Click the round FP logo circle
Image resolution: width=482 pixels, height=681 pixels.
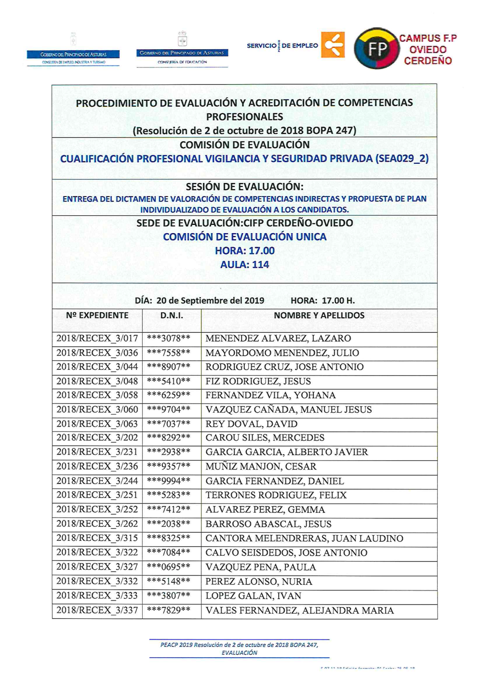point(376,49)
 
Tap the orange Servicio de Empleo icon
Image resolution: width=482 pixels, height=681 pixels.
point(333,45)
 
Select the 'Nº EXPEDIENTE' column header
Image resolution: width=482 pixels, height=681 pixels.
point(97,315)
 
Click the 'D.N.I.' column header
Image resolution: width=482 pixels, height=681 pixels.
point(172,315)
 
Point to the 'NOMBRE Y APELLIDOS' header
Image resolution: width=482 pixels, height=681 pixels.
point(319,315)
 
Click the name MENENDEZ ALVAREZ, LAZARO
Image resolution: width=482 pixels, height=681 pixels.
point(278,339)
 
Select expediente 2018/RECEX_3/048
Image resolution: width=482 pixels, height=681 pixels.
point(97,381)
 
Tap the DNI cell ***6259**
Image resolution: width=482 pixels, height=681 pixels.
point(169,395)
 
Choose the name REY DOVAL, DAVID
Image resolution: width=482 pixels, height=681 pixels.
point(252,424)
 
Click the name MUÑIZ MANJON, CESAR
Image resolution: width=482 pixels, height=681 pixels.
point(261,467)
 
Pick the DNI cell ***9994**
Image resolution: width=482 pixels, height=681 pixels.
point(169,481)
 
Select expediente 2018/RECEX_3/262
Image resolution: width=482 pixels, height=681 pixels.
point(97,524)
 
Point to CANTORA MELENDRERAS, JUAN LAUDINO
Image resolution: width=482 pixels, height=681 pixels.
point(305,538)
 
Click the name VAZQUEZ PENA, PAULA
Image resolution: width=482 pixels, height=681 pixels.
point(261,567)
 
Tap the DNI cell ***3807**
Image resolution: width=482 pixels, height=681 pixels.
point(169,596)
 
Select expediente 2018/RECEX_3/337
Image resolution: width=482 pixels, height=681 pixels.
point(97,610)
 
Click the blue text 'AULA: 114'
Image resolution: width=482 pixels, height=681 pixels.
point(244,264)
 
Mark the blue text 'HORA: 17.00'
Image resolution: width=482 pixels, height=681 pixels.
point(244,250)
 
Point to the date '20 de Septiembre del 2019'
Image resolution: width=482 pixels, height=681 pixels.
point(210,301)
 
